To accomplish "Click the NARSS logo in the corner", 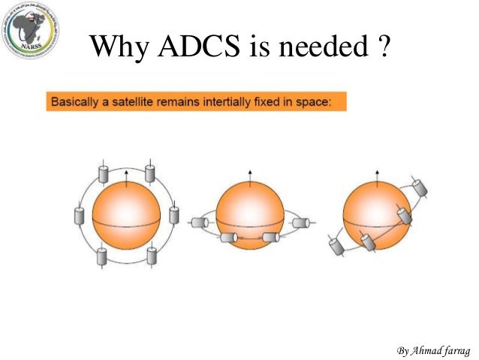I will point(31,31).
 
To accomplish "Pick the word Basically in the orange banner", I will point(75,101).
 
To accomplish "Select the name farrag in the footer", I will point(451,350).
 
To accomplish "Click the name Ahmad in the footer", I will point(420,350).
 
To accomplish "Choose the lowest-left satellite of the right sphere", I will point(336,245).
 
